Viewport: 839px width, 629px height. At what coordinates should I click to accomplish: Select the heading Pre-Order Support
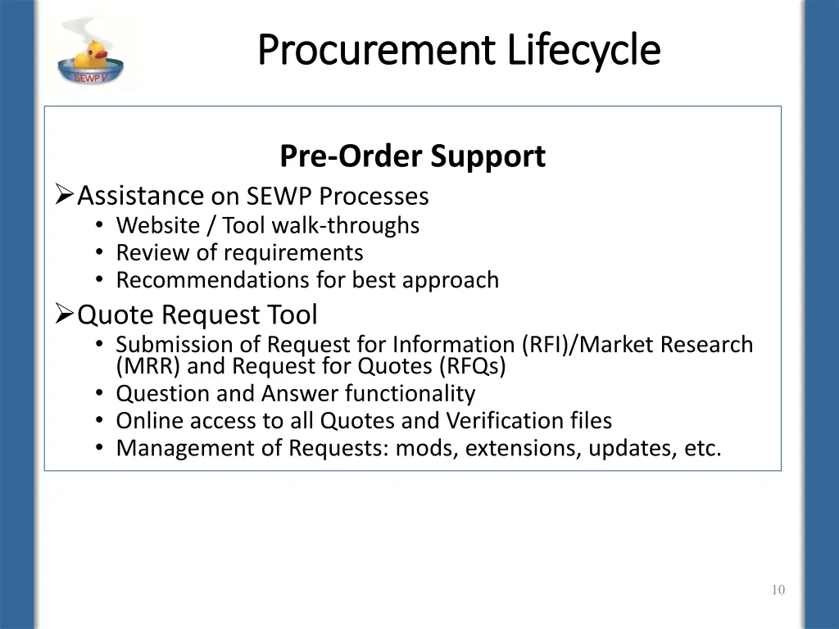[x=412, y=156]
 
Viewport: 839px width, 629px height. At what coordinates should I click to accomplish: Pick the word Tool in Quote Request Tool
[x=291, y=314]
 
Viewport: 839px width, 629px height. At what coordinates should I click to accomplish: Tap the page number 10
[x=778, y=591]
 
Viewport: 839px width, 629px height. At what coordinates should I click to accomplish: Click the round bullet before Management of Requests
[x=99, y=448]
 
